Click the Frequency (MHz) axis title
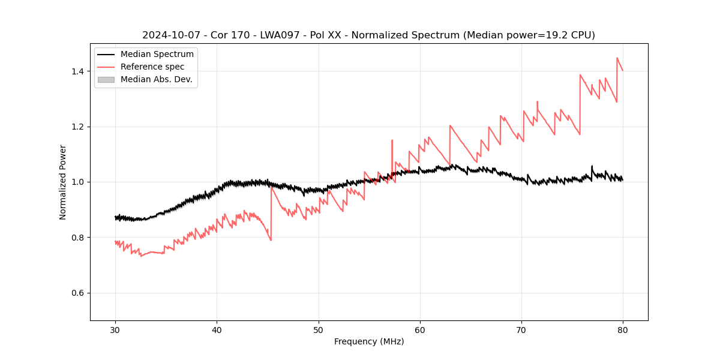pos(369,341)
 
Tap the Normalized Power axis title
pos(63,182)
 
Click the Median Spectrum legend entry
pos(157,55)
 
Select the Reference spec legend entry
pos(152,67)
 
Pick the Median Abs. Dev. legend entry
pos(156,79)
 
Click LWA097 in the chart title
pos(281,35)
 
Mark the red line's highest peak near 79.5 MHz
pos(617,58)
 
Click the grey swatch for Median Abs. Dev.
pos(106,79)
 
